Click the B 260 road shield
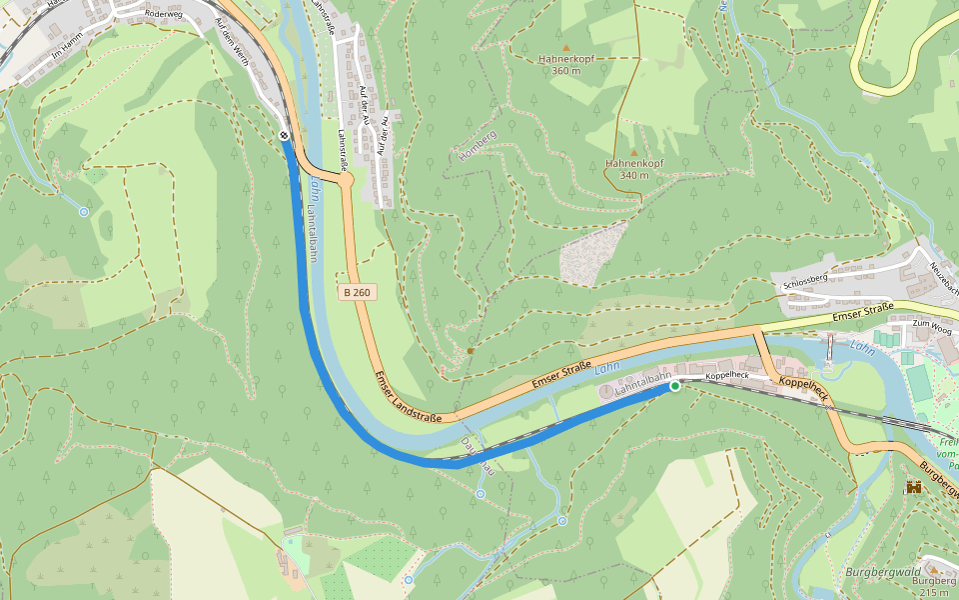coord(356,292)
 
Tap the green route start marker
coord(675,386)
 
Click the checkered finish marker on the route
coord(284,136)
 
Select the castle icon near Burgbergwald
coord(913,488)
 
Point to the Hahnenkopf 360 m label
coord(566,65)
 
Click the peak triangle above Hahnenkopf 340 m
coord(633,152)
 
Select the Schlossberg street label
coord(806,283)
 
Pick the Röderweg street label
coord(165,14)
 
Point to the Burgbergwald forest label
coord(882,571)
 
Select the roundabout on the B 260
coord(347,181)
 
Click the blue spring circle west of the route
coord(83,212)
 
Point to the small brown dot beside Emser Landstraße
coord(470,351)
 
